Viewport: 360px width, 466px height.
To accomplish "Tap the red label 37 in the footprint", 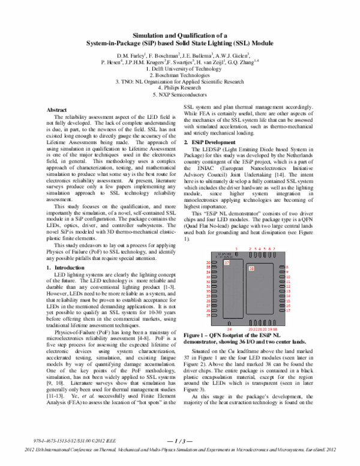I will [x=226, y=263].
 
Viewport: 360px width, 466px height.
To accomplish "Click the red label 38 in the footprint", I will [x=251, y=268].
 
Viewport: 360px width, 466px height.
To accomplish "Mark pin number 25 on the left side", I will [x=209, y=315].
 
